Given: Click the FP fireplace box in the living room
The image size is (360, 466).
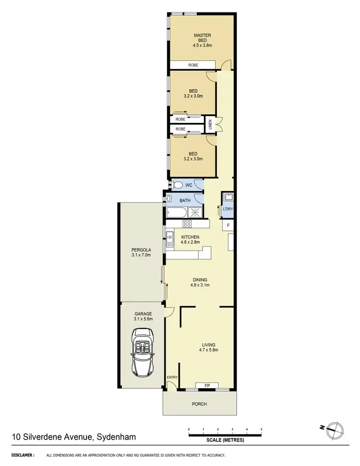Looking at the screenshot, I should tap(207, 385).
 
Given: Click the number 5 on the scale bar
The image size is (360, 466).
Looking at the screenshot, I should tap(261, 429).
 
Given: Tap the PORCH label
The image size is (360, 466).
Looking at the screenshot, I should tap(200, 404).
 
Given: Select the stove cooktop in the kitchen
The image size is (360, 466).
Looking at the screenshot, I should tap(187, 224).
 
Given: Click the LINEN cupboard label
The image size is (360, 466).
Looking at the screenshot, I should tap(210, 125).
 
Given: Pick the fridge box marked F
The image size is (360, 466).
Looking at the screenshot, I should tap(228, 225).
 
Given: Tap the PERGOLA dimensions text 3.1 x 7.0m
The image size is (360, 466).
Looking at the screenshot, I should tap(141, 255).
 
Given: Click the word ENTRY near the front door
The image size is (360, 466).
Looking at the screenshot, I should tap(172, 377).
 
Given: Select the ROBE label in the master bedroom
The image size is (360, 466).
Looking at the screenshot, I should tap(180, 65).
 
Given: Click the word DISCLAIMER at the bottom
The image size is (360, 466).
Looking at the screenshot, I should tap(23, 455).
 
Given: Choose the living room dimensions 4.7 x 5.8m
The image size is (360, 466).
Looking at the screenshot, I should tap(208, 350).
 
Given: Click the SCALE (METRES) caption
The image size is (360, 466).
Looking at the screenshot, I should tap(225, 440).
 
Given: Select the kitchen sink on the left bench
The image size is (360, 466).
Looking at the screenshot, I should tap(169, 236).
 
